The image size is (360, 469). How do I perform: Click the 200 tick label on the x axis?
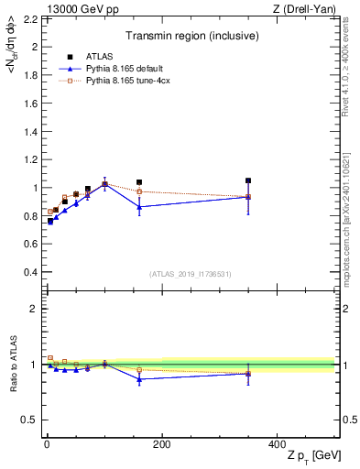(x=161, y=445)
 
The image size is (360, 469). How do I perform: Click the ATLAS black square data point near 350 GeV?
(x=248, y=180)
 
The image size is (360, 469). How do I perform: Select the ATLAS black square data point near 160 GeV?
(x=139, y=182)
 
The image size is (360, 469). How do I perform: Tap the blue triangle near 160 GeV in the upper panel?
(x=139, y=206)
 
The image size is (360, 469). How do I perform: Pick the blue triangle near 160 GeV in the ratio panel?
(x=139, y=378)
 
